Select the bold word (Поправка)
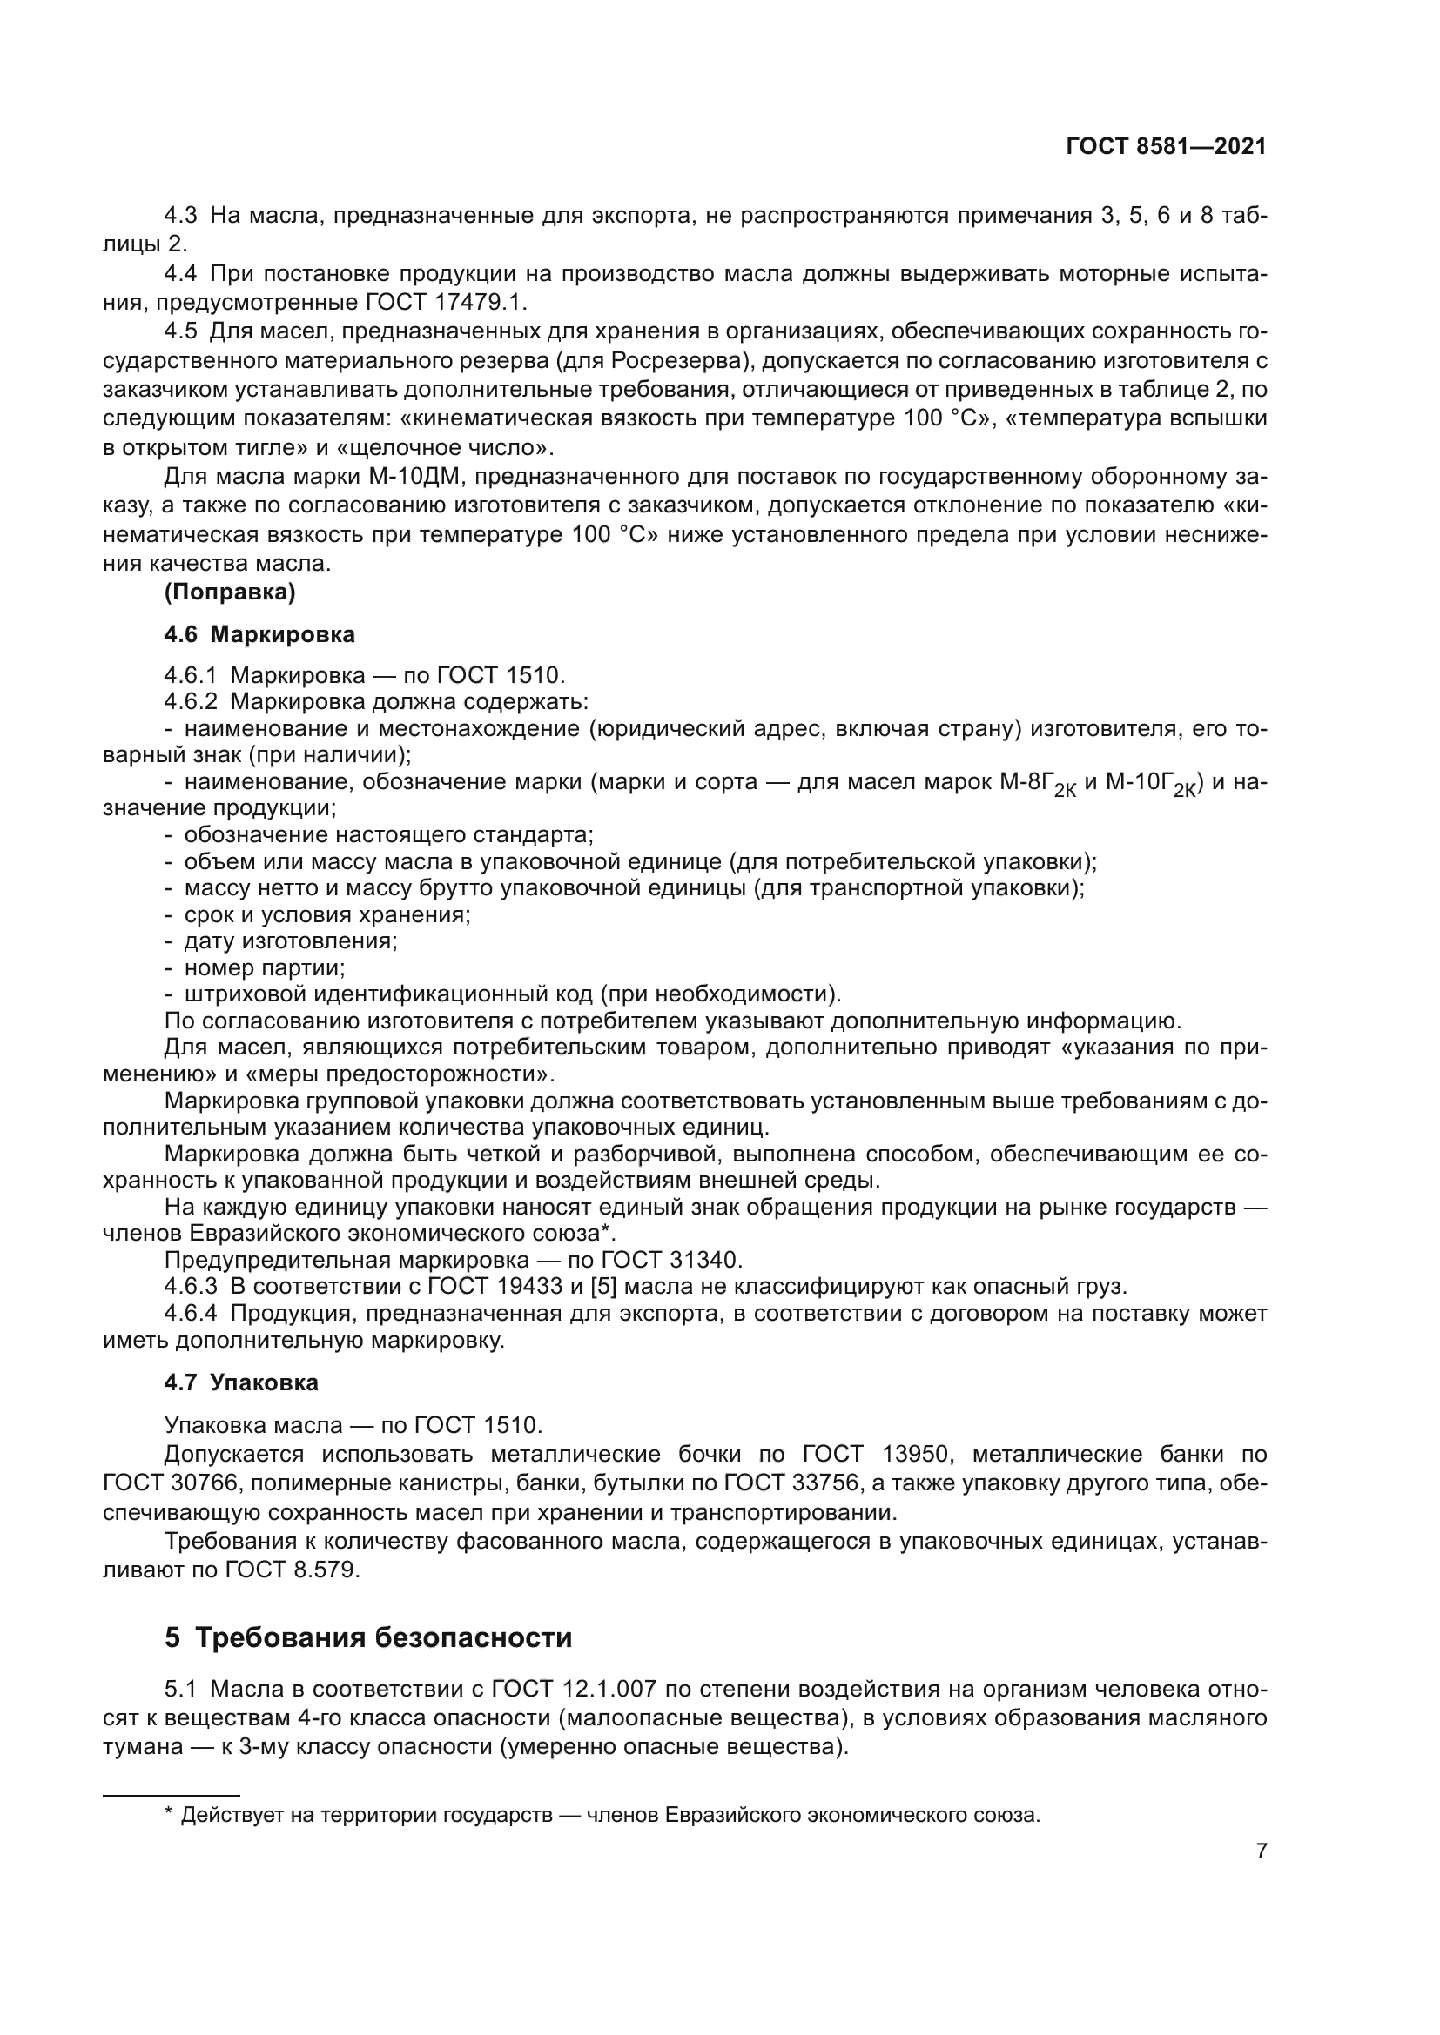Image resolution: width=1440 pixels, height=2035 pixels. [230, 592]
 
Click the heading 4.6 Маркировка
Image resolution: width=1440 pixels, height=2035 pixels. [259, 634]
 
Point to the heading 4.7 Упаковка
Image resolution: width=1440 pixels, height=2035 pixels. [241, 1382]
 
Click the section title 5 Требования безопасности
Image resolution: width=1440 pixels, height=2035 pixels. [368, 1637]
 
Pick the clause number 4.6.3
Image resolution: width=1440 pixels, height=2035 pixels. [191, 1286]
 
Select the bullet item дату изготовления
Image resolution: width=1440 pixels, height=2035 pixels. [290, 941]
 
